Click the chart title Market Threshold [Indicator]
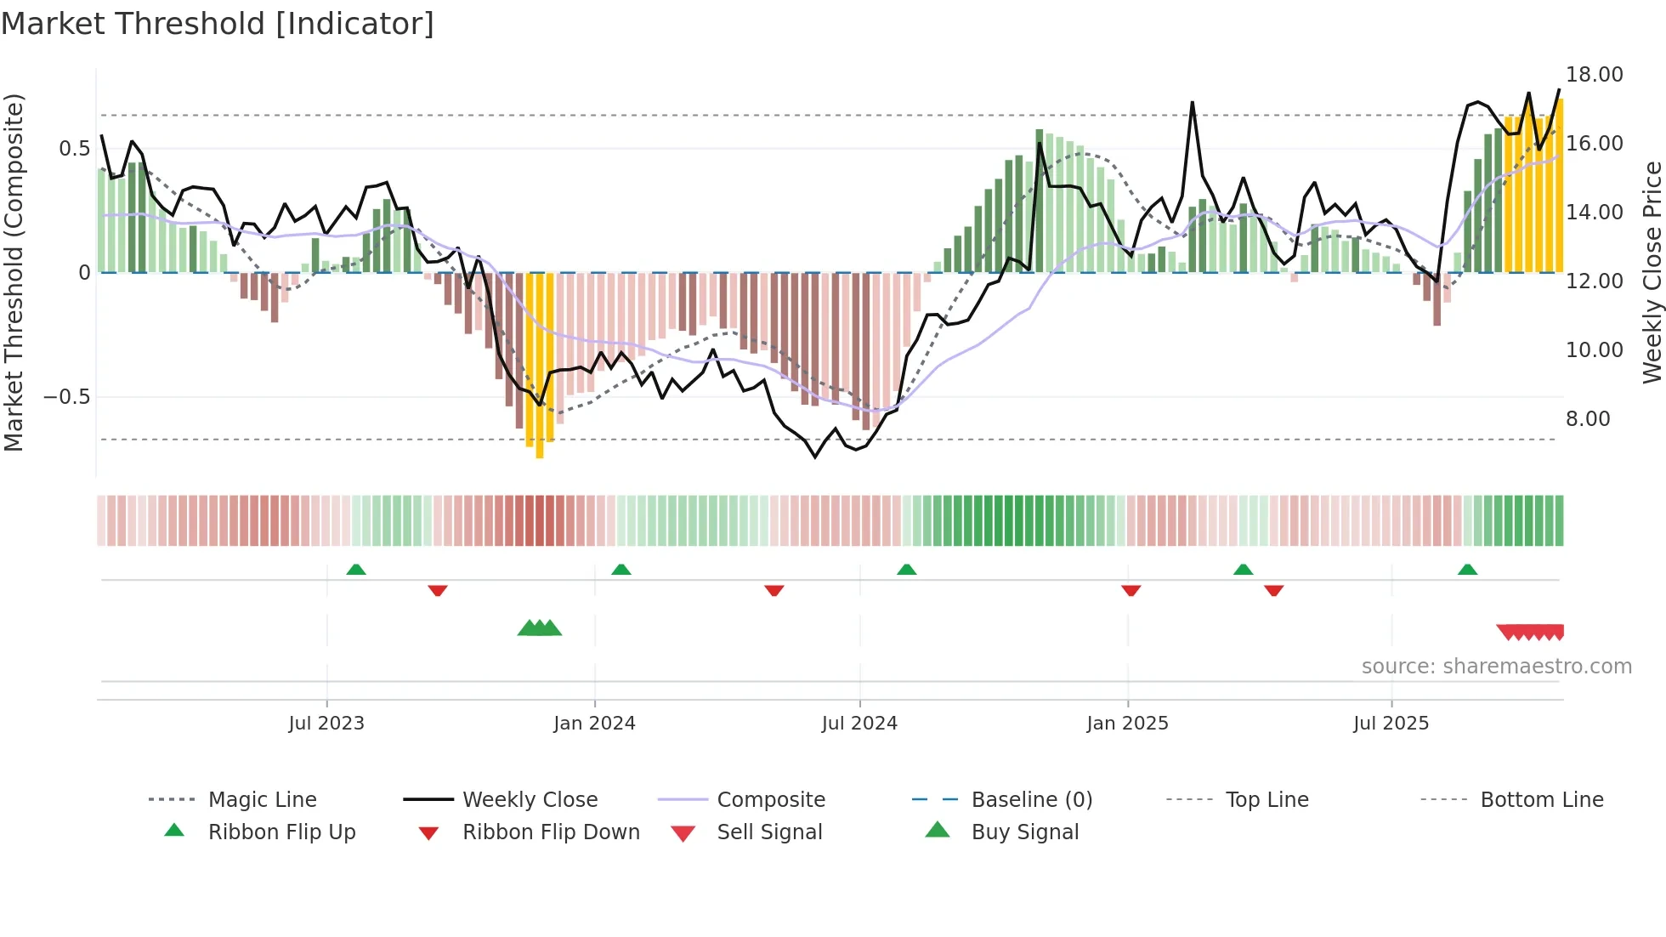click(x=218, y=24)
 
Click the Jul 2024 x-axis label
click(x=859, y=724)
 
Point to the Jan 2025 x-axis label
click(x=1127, y=724)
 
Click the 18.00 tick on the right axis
click(x=1594, y=75)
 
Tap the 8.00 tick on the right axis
click(x=1587, y=419)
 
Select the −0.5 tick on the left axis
click(x=66, y=397)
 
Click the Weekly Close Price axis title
click(x=1652, y=272)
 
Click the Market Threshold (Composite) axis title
click(x=14, y=272)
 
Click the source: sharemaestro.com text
click(x=1496, y=667)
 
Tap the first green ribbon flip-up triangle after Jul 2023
click(x=356, y=570)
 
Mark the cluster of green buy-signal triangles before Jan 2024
click(x=540, y=628)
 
